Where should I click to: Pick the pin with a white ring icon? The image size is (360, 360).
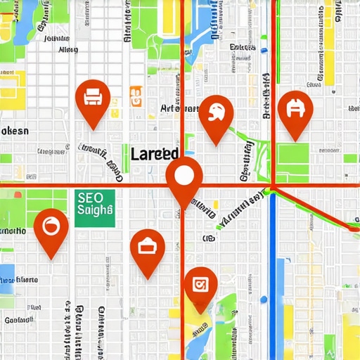[51, 226]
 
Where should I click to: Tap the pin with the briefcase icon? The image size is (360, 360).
[148, 246]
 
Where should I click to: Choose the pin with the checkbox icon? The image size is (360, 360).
[200, 285]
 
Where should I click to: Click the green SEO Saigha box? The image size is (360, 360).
[94, 205]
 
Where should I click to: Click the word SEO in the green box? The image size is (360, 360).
[89, 198]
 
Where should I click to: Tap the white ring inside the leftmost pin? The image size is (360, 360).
[51, 226]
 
